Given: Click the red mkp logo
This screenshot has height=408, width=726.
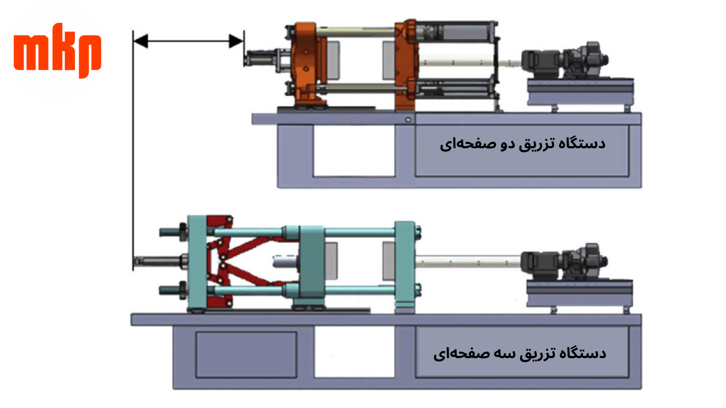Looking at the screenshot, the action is pyautogui.click(x=57, y=50).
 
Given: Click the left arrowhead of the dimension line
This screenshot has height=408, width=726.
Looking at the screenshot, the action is pyautogui.click(x=141, y=41).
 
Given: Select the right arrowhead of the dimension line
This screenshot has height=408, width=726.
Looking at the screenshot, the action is pyautogui.click(x=236, y=41).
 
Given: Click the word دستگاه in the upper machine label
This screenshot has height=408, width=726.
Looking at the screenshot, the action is pyautogui.click(x=586, y=143).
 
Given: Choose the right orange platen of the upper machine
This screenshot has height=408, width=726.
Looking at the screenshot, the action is pyautogui.click(x=406, y=65).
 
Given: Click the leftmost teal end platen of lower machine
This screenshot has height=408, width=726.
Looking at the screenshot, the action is pyautogui.click(x=197, y=263).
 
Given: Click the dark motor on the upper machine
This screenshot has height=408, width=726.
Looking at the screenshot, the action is pyautogui.click(x=564, y=60).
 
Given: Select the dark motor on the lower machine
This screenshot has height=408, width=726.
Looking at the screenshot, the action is pyautogui.click(x=564, y=262).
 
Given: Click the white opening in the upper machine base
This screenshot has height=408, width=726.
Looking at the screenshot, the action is pyautogui.click(x=354, y=151).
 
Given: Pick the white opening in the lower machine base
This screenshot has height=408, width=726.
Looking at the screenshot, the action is pyautogui.click(x=354, y=352).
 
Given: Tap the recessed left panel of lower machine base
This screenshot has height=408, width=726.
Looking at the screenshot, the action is pyautogui.click(x=246, y=355).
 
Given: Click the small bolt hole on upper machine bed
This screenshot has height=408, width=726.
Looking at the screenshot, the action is pyautogui.click(x=408, y=120).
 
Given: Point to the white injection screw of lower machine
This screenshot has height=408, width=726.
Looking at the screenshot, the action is pyautogui.click(x=468, y=261).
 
